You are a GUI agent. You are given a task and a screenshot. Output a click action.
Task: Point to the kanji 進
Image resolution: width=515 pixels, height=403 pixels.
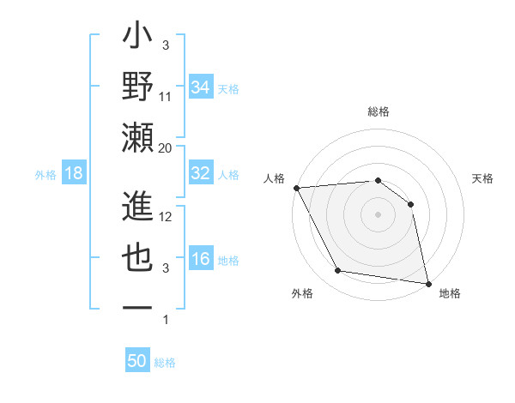click(138, 207)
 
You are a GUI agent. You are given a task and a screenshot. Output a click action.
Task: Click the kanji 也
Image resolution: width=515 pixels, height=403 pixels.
click(138, 258)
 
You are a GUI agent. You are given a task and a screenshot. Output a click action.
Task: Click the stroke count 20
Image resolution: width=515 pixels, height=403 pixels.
click(166, 148)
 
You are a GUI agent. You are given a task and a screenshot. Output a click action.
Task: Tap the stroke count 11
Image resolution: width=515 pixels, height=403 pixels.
click(166, 97)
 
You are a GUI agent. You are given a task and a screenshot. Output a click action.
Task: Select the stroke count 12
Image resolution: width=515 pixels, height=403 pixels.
click(166, 217)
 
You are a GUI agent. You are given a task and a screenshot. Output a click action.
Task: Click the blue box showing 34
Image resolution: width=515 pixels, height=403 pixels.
click(200, 87)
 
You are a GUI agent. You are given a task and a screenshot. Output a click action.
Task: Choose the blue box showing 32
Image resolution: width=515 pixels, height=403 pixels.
click(200, 173)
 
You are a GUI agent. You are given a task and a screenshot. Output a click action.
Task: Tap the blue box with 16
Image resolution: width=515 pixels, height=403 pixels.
click(200, 260)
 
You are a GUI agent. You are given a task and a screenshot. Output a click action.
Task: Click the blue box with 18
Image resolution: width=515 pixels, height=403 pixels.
click(74, 174)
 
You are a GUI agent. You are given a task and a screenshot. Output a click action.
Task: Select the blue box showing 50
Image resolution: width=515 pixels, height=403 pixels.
click(137, 361)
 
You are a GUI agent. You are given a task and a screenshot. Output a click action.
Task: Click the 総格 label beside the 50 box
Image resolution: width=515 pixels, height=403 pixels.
click(166, 363)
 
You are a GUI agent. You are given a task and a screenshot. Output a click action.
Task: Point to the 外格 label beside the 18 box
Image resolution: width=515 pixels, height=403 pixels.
click(45, 175)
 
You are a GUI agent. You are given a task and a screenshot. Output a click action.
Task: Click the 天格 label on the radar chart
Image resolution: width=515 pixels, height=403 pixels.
click(482, 178)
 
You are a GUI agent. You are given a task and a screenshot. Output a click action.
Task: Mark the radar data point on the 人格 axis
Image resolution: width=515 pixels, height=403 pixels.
click(296, 188)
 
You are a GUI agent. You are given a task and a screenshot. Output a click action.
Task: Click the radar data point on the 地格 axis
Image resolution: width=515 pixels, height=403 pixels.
click(427, 283)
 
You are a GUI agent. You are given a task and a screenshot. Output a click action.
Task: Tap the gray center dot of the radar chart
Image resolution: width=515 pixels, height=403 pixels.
click(378, 214)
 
